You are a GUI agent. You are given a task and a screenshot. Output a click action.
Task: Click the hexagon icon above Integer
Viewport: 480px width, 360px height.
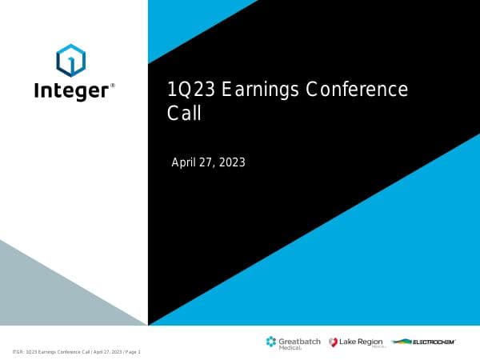[70, 59]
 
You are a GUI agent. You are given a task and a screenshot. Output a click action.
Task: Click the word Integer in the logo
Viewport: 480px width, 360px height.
[70, 90]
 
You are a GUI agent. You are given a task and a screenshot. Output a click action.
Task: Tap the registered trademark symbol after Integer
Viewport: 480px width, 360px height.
[113, 84]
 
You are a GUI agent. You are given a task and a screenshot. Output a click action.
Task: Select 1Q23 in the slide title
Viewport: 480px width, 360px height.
[193, 90]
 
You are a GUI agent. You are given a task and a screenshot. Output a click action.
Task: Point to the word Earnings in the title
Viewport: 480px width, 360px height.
[260, 90]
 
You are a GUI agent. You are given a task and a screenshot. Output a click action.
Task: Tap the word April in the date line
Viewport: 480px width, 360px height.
[185, 162]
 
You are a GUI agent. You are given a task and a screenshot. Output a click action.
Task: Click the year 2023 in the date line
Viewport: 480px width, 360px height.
[230, 162]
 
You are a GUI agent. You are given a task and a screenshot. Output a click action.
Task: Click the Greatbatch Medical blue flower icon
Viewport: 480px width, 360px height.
[271, 342]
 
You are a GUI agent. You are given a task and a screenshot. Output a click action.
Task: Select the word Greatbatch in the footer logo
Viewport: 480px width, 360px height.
[300, 340]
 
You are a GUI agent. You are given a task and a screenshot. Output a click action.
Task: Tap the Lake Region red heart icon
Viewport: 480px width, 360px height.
[333, 342]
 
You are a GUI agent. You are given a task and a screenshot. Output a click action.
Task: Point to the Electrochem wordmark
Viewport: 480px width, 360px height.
[434, 342]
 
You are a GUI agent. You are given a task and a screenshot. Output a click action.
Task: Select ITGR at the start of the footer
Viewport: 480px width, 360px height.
[18, 352]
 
